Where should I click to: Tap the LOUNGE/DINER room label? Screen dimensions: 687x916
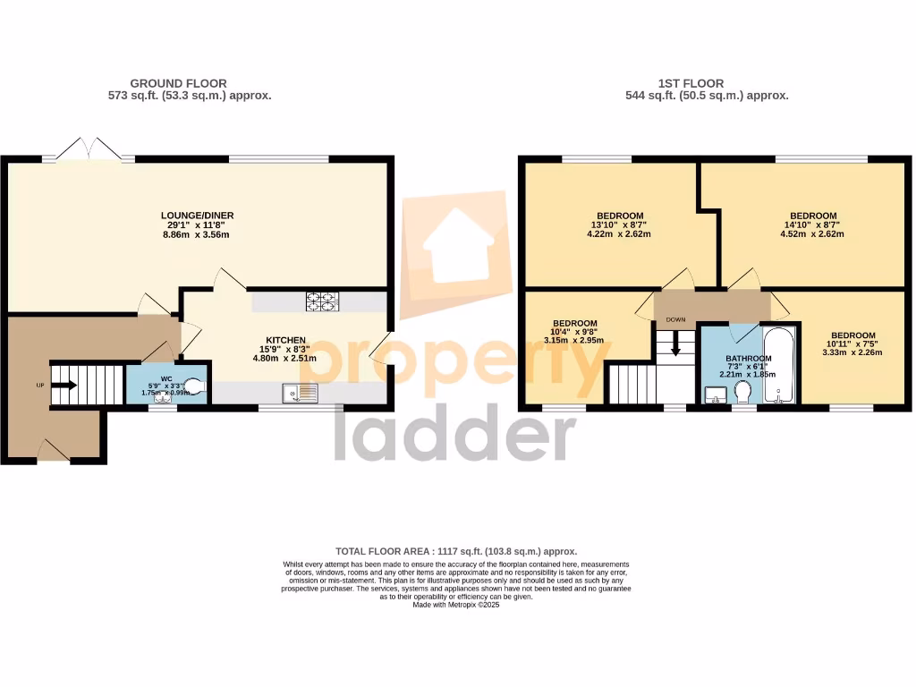197,216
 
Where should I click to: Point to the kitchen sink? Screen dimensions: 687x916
299,392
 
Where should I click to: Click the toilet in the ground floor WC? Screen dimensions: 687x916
196,385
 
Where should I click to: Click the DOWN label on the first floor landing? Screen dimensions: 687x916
675,318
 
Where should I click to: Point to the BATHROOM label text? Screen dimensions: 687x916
748,359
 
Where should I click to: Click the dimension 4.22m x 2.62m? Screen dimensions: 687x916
619,234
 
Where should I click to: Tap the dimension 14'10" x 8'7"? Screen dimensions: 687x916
813,225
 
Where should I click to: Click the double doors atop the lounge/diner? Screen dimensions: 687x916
88,150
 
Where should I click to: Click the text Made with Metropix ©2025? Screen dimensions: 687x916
456,606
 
